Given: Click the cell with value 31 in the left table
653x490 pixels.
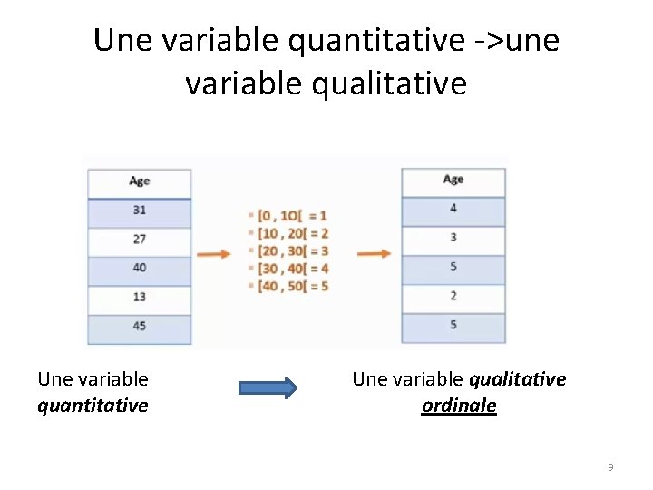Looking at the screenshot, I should (139, 210).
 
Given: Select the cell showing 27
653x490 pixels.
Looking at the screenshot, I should (139, 239).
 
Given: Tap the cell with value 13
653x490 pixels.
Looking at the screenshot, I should (139, 297).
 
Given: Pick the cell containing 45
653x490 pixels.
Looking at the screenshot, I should (139, 326).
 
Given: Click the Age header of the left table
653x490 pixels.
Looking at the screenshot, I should (139, 181).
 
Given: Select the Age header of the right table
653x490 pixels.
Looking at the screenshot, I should (453, 180).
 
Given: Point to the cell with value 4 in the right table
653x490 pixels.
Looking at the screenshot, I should (453, 209).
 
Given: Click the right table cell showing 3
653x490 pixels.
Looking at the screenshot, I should (453, 238).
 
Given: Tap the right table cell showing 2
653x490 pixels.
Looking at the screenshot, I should (453, 296).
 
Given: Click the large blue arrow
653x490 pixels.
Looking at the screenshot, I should (268, 388).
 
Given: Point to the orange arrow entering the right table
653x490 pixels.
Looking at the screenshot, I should (374, 254).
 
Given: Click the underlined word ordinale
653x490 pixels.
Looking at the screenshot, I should (459, 406).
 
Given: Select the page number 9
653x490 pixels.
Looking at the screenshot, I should (610, 467).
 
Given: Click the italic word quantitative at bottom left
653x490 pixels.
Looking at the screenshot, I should (93, 406).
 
